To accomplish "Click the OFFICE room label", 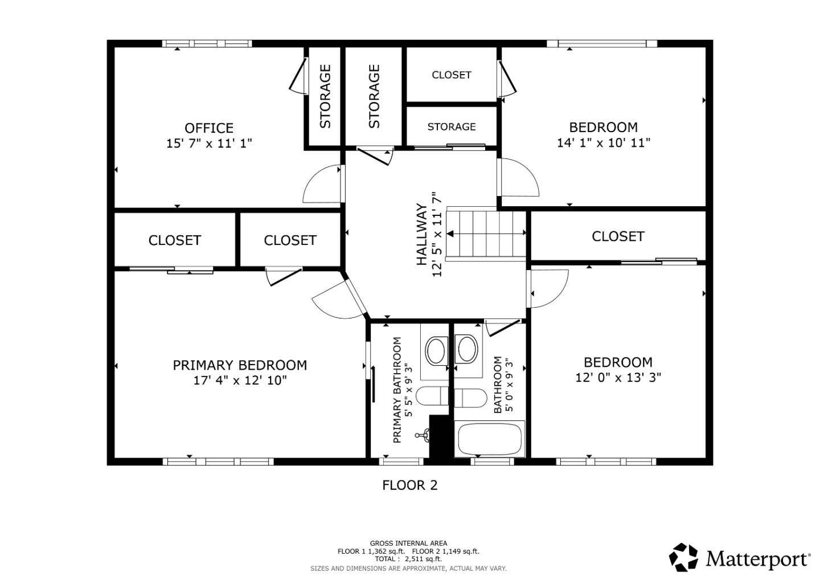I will pyautogui.click(x=208, y=128).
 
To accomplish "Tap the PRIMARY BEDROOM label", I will pyautogui.click(x=240, y=365).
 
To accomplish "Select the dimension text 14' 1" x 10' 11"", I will pyautogui.click(x=603, y=142).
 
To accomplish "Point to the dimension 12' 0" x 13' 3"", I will pyautogui.click(x=618, y=377).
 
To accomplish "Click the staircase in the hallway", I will pyautogui.click(x=486, y=234).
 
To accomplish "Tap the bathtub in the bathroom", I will pyautogui.click(x=490, y=439).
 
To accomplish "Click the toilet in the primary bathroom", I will pyautogui.click(x=432, y=396).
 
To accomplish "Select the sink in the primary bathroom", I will pyautogui.click(x=436, y=350).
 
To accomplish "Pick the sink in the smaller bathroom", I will pyautogui.click(x=467, y=349).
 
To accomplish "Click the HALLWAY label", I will pyautogui.click(x=421, y=234).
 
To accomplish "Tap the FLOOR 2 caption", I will pyautogui.click(x=409, y=485).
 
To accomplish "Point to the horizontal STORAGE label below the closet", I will pyautogui.click(x=451, y=126).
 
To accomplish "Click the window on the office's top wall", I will pyautogui.click(x=206, y=43).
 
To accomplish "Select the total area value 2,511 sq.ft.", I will pyautogui.click(x=423, y=559).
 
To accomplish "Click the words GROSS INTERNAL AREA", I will pyautogui.click(x=408, y=543).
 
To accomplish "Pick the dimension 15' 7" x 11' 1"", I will pyautogui.click(x=208, y=143).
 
